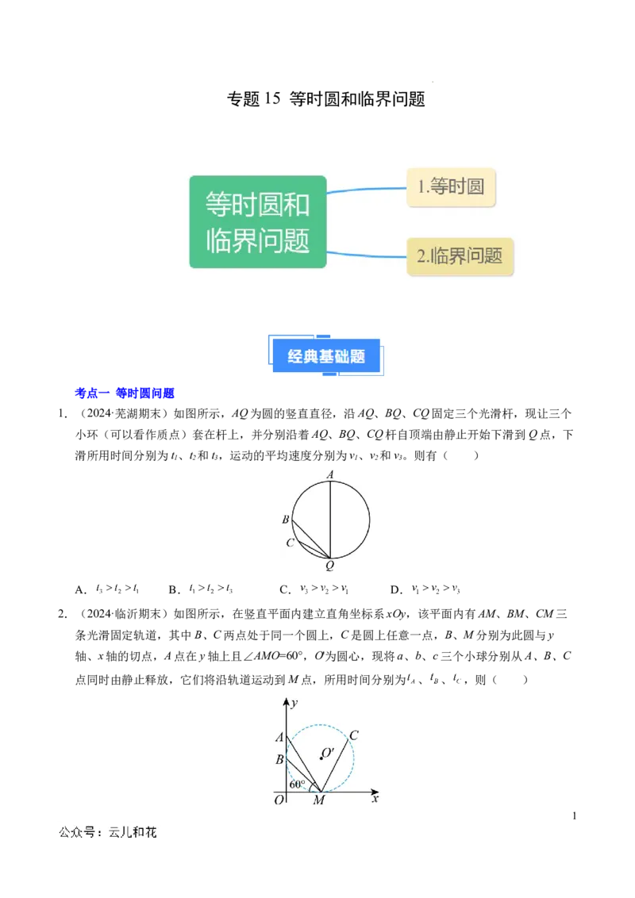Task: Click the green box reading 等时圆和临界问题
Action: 258,221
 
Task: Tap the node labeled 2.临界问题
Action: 460,256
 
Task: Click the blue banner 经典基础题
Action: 326,356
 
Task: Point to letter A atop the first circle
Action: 330,474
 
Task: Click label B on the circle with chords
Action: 285,520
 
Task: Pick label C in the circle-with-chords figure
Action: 290,543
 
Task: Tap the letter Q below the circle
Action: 330,566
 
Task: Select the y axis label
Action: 294,703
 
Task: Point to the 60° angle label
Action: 297,784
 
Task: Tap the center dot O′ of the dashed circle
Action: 321,758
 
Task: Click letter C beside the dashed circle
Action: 353,735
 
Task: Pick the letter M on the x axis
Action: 318,800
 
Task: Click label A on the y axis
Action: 279,737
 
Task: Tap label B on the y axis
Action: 279,759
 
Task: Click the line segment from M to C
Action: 335,766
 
